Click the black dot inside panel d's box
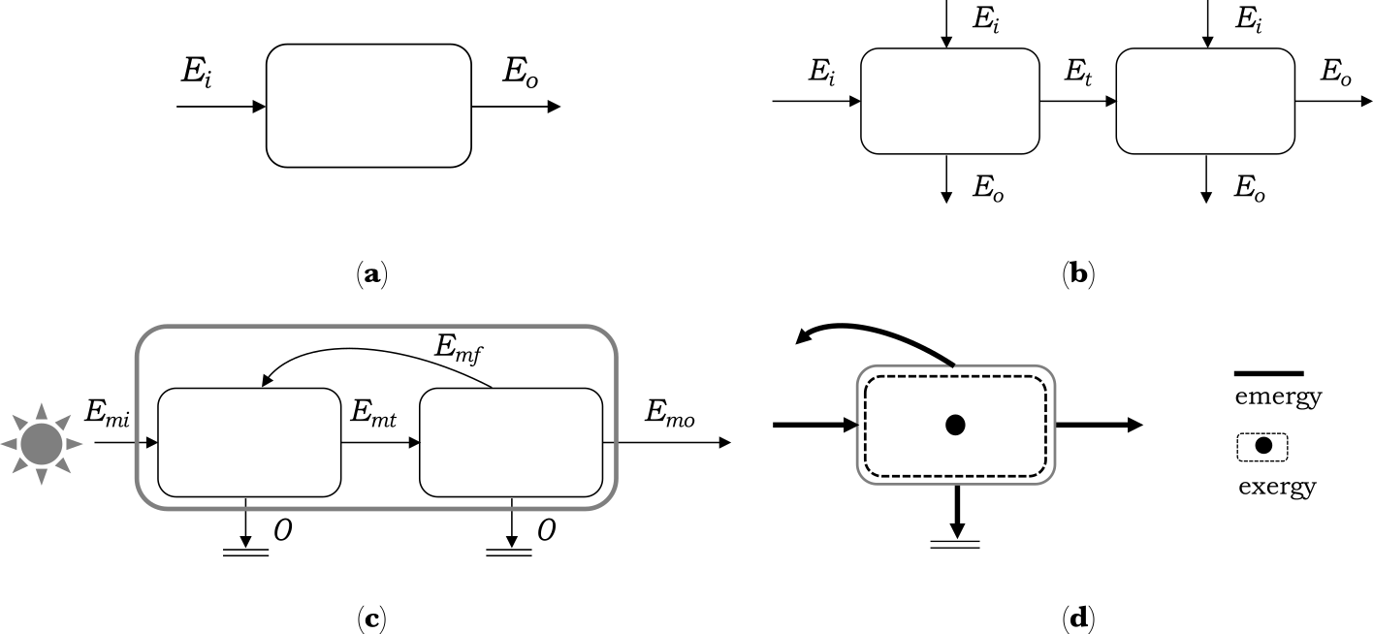955,425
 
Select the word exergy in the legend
1277,486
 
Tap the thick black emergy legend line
1268,373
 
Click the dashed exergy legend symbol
1262,447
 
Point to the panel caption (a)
369,274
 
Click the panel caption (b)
1076,274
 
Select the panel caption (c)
369,618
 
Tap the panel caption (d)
1076,618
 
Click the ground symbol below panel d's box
955,542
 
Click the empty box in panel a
368,105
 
